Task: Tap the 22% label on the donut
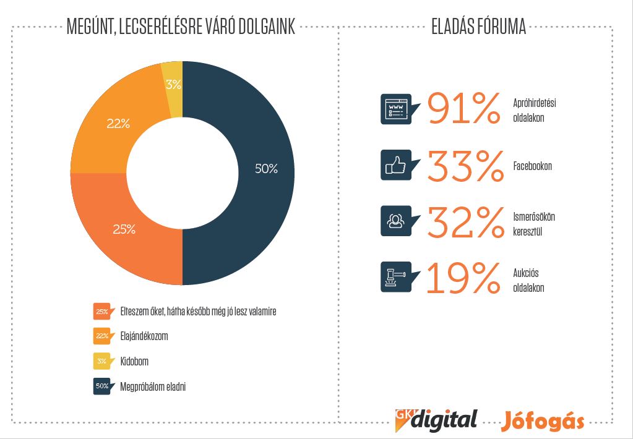pyautogui.click(x=118, y=124)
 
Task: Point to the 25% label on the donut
pyautogui.click(x=124, y=229)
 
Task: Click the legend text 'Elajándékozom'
pyautogui.click(x=144, y=336)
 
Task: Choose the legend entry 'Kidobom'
pyautogui.click(x=134, y=361)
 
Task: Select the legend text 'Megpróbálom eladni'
pyautogui.click(x=153, y=386)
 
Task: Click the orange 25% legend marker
pyautogui.click(x=102, y=311)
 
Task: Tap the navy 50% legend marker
pyautogui.click(x=102, y=386)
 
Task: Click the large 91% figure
pyautogui.click(x=463, y=109)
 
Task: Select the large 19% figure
pyautogui.click(x=463, y=278)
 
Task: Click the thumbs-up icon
pyautogui.click(x=395, y=165)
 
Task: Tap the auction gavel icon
pyautogui.click(x=395, y=276)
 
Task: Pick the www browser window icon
pyautogui.click(x=395, y=109)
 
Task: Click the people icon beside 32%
pyautogui.click(x=395, y=221)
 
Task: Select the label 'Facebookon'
pyautogui.click(x=532, y=166)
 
